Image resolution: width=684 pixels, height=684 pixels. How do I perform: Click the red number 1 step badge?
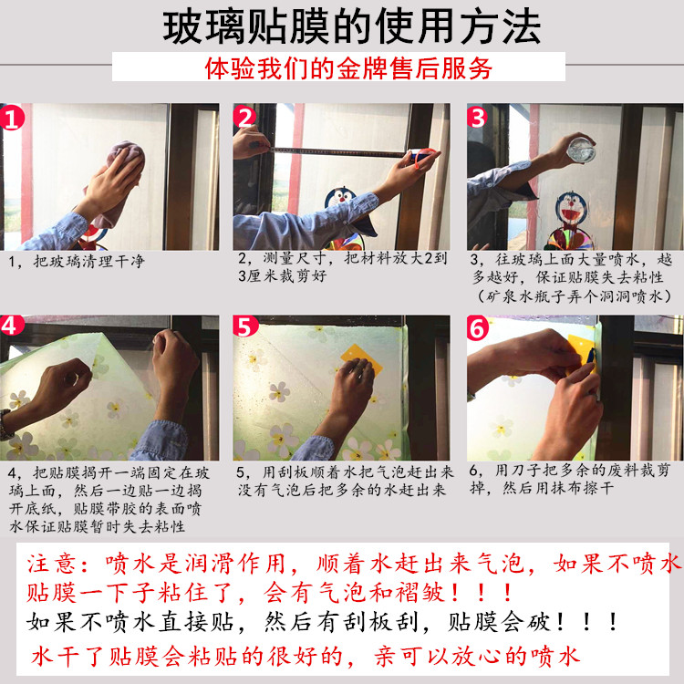tap(12, 118)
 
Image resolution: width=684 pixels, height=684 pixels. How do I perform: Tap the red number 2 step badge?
tap(244, 117)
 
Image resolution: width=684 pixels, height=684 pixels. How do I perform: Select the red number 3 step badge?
tap(477, 117)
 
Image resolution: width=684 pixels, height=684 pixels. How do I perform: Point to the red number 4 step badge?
tap(12, 325)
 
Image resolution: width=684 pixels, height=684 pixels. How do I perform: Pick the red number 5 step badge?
tap(245, 326)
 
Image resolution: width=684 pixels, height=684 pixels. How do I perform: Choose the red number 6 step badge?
tap(478, 328)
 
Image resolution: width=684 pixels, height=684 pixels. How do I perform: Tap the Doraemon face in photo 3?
tap(571, 211)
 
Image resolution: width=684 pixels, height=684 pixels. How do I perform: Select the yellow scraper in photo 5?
tap(360, 358)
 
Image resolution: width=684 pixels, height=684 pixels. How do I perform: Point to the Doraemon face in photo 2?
tap(340, 200)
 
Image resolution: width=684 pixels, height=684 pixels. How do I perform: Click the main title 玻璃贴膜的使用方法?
tap(352, 27)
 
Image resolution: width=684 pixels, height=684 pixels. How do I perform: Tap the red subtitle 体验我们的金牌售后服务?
tap(348, 68)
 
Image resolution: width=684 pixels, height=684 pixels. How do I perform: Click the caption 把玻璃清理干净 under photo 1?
tap(89, 262)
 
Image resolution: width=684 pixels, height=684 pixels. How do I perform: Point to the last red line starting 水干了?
tap(306, 656)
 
